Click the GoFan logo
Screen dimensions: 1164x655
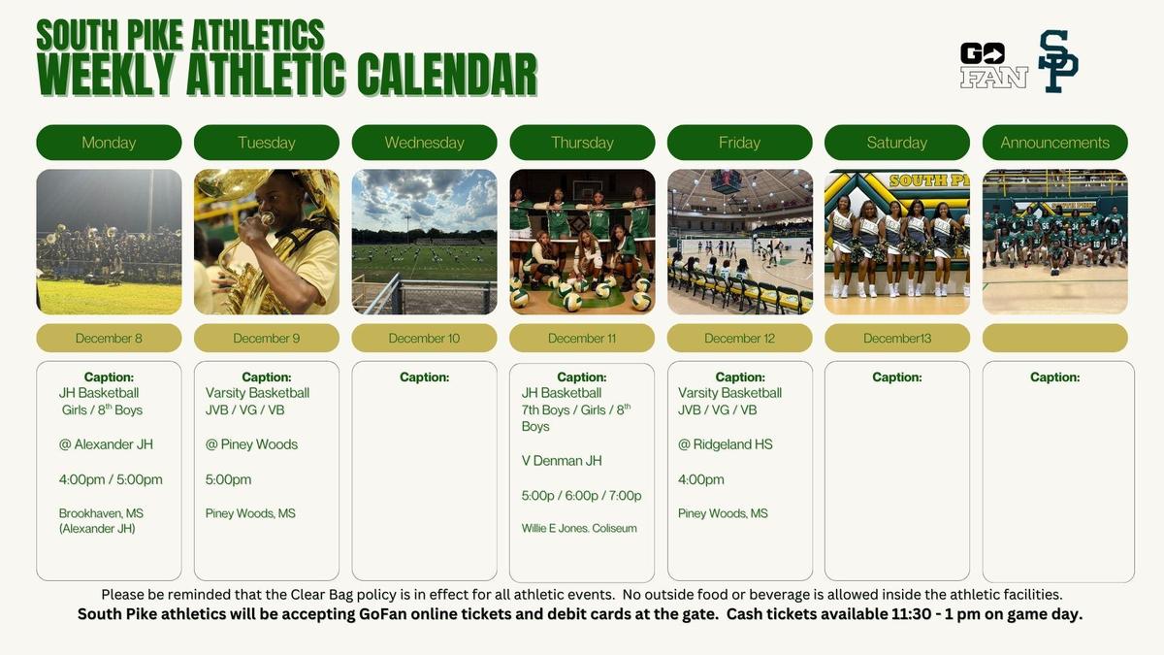(x=993, y=65)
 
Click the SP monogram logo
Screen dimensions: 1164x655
(x=1058, y=61)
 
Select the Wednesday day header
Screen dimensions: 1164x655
(x=424, y=143)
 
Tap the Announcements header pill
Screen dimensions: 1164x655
(x=1055, y=143)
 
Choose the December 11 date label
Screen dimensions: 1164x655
(x=582, y=339)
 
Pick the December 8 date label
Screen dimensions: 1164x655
(x=109, y=339)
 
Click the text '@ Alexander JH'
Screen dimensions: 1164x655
(x=106, y=444)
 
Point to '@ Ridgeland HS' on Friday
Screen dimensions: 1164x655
(x=726, y=444)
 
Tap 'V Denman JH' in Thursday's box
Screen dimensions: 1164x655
(x=562, y=461)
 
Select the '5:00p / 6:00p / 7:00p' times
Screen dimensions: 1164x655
(x=581, y=496)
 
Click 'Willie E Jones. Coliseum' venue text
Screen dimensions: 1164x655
(x=579, y=528)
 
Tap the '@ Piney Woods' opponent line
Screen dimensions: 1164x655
(x=251, y=444)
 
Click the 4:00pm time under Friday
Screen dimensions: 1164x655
(x=701, y=479)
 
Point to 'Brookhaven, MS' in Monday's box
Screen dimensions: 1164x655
(x=101, y=513)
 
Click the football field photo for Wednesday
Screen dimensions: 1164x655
(x=424, y=242)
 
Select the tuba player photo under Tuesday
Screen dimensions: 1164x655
(x=267, y=242)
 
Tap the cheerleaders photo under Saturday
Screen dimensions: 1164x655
(x=897, y=242)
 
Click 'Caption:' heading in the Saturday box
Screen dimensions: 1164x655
(x=897, y=377)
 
